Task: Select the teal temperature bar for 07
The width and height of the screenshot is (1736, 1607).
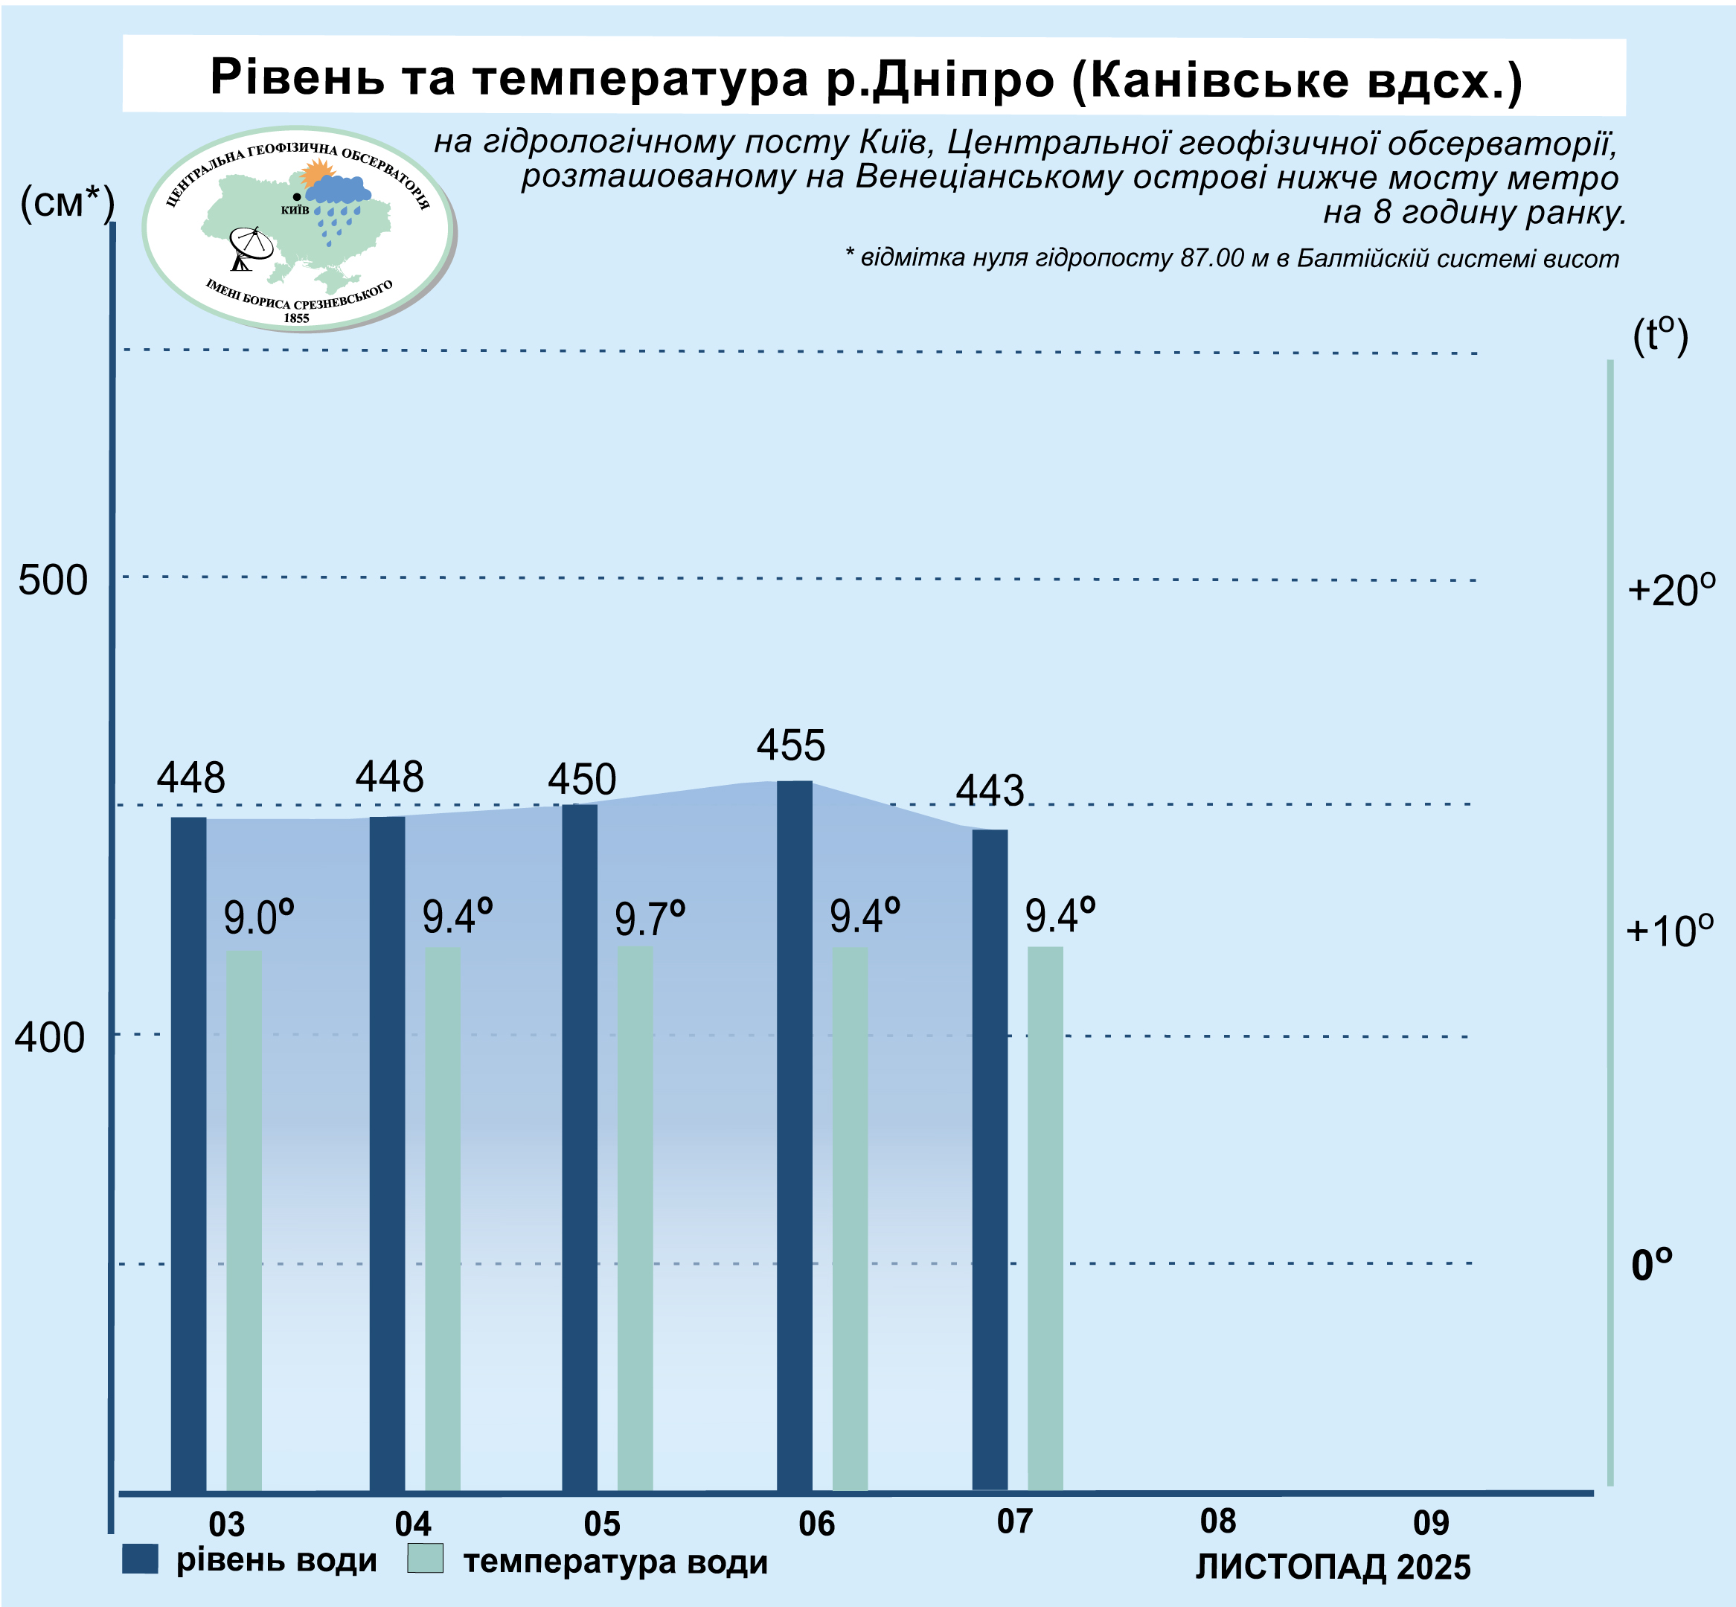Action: tap(1045, 1217)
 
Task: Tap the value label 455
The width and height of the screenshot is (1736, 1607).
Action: tap(789, 745)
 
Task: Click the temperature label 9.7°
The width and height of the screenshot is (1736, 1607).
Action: tap(649, 919)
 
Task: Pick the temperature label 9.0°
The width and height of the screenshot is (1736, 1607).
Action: tap(258, 918)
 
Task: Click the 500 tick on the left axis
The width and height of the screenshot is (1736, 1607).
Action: tap(53, 580)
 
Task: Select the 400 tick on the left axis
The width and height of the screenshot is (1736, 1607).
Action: tap(50, 1036)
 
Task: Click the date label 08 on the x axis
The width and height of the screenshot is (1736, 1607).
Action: tap(1217, 1521)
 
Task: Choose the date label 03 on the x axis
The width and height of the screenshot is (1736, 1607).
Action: tap(227, 1524)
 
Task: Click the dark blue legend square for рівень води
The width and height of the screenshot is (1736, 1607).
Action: tap(140, 1559)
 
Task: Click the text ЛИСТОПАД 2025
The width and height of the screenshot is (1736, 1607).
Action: tap(1333, 1567)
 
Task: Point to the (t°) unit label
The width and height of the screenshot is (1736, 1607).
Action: tap(1659, 336)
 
